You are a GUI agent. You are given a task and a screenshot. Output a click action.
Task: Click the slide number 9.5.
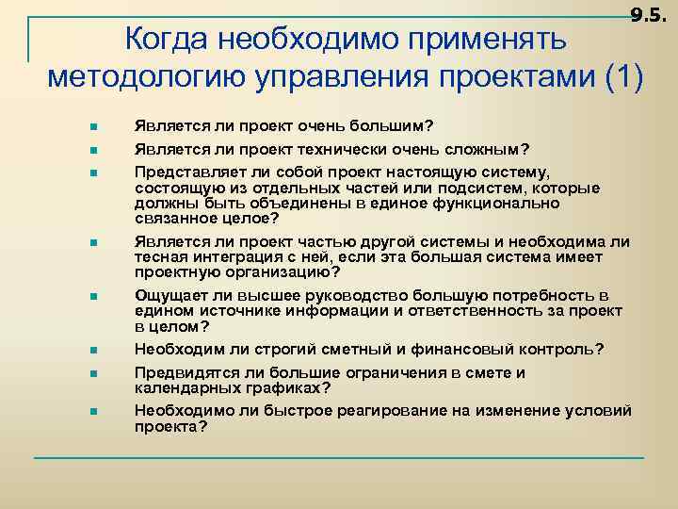click(x=648, y=15)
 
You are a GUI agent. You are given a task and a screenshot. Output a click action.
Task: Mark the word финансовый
click(x=450, y=349)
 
